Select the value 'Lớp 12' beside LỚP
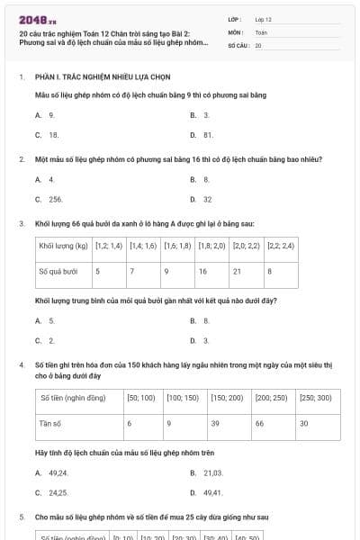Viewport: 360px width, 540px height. (264, 19)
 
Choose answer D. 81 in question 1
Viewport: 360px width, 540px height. (203, 134)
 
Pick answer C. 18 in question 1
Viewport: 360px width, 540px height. (49, 134)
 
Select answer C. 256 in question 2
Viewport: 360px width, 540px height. (51, 199)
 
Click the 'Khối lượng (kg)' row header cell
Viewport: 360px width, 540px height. (63, 246)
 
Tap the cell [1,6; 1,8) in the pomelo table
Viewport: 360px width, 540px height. (177, 246)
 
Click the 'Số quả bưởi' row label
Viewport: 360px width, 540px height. (58, 271)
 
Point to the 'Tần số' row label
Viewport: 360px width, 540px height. (50, 423)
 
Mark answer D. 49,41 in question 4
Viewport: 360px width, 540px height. (209, 492)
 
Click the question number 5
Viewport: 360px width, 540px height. (21, 517)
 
